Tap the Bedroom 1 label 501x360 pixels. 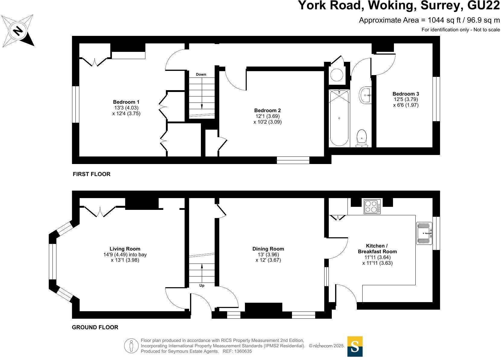[x=126, y=102]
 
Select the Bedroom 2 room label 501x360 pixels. [x=267, y=111]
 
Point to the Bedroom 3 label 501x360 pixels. [x=406, y=94]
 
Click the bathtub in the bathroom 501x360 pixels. [x=339, y=118]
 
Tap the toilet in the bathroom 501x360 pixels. [x=362, y=139]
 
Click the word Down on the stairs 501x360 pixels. [x=201, y=74]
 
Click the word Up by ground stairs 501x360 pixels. [x=202, y=286]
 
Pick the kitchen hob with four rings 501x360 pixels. [x=372, y=207]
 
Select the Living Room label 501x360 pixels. [x=125, y=249]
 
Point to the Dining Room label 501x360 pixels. [x=268, y=249]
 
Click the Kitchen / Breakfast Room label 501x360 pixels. [x=377, y=248]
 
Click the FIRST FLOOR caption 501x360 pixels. [x=91, y=174]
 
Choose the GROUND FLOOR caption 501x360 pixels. [x=95, y=327]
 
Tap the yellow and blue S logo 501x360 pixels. [x=355, y=346]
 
